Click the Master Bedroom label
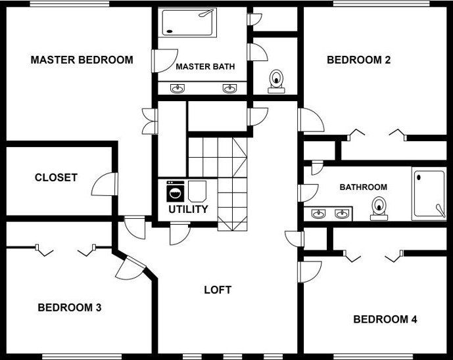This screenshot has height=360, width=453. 82,60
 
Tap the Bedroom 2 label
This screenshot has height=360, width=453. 358,60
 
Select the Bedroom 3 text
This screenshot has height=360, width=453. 70,307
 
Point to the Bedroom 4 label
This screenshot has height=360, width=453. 385,319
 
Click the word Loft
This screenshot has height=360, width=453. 218,290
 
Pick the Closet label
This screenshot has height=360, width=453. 56,177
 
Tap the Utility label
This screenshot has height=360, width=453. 188,209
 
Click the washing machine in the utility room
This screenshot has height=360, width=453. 176,191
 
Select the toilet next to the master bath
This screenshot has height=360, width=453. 277,81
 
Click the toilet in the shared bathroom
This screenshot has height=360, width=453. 379,208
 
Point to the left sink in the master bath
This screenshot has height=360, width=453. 177,88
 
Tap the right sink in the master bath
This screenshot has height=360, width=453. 229,88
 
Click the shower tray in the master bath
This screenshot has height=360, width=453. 189,22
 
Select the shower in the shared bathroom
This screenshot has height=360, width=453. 429,193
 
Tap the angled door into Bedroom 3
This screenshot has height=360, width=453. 131,269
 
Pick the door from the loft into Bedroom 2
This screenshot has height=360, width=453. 311,120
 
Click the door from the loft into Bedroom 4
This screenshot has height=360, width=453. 310,272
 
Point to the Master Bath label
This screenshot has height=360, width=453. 205,67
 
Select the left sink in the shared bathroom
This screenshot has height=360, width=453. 318,214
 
